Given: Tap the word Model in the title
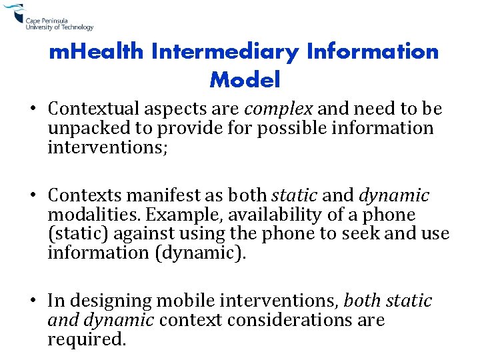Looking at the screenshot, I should click(x=245, y=80).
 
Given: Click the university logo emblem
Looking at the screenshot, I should click(x=13, y=15).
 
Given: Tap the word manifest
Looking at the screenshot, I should click(x=160, y=196).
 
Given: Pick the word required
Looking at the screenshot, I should click(x=86, y=340).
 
